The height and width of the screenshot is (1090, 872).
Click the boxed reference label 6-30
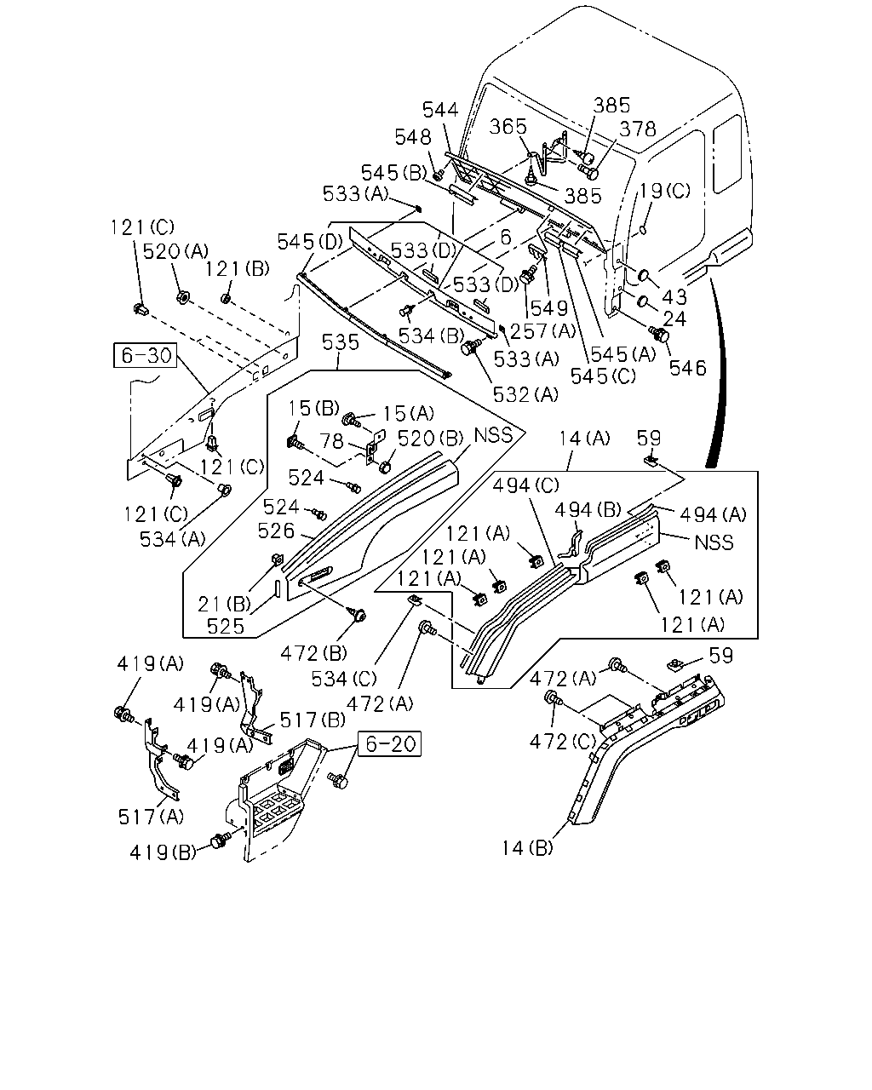pos(146,355)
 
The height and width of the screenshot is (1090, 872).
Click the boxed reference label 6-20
pos(390,744)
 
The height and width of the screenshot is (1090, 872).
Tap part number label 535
pos(341,343)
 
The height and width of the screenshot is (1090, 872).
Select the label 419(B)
pos(163,853)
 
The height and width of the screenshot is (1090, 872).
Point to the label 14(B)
pos(527,847)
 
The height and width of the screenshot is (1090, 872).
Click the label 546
pos(687,368)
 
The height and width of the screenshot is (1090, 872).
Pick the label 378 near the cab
pos(638,129)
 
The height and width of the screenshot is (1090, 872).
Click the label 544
pos(440,109)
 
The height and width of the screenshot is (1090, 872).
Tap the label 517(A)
pos(151,817)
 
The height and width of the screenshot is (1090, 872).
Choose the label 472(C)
pos(563,742)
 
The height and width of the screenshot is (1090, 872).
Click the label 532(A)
pos(526,394)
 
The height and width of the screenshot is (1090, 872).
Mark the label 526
pos(276,531)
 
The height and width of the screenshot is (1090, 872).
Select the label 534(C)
pos(344,680)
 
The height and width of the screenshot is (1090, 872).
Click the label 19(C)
pos(665,191)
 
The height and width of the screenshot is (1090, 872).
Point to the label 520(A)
pos(175,251)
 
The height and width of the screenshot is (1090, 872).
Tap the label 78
pos(332,440)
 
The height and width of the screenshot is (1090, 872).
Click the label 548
pos(413,137)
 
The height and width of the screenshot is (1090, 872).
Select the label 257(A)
pos(543,331)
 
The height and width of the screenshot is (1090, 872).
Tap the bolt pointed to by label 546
pos(659,334)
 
